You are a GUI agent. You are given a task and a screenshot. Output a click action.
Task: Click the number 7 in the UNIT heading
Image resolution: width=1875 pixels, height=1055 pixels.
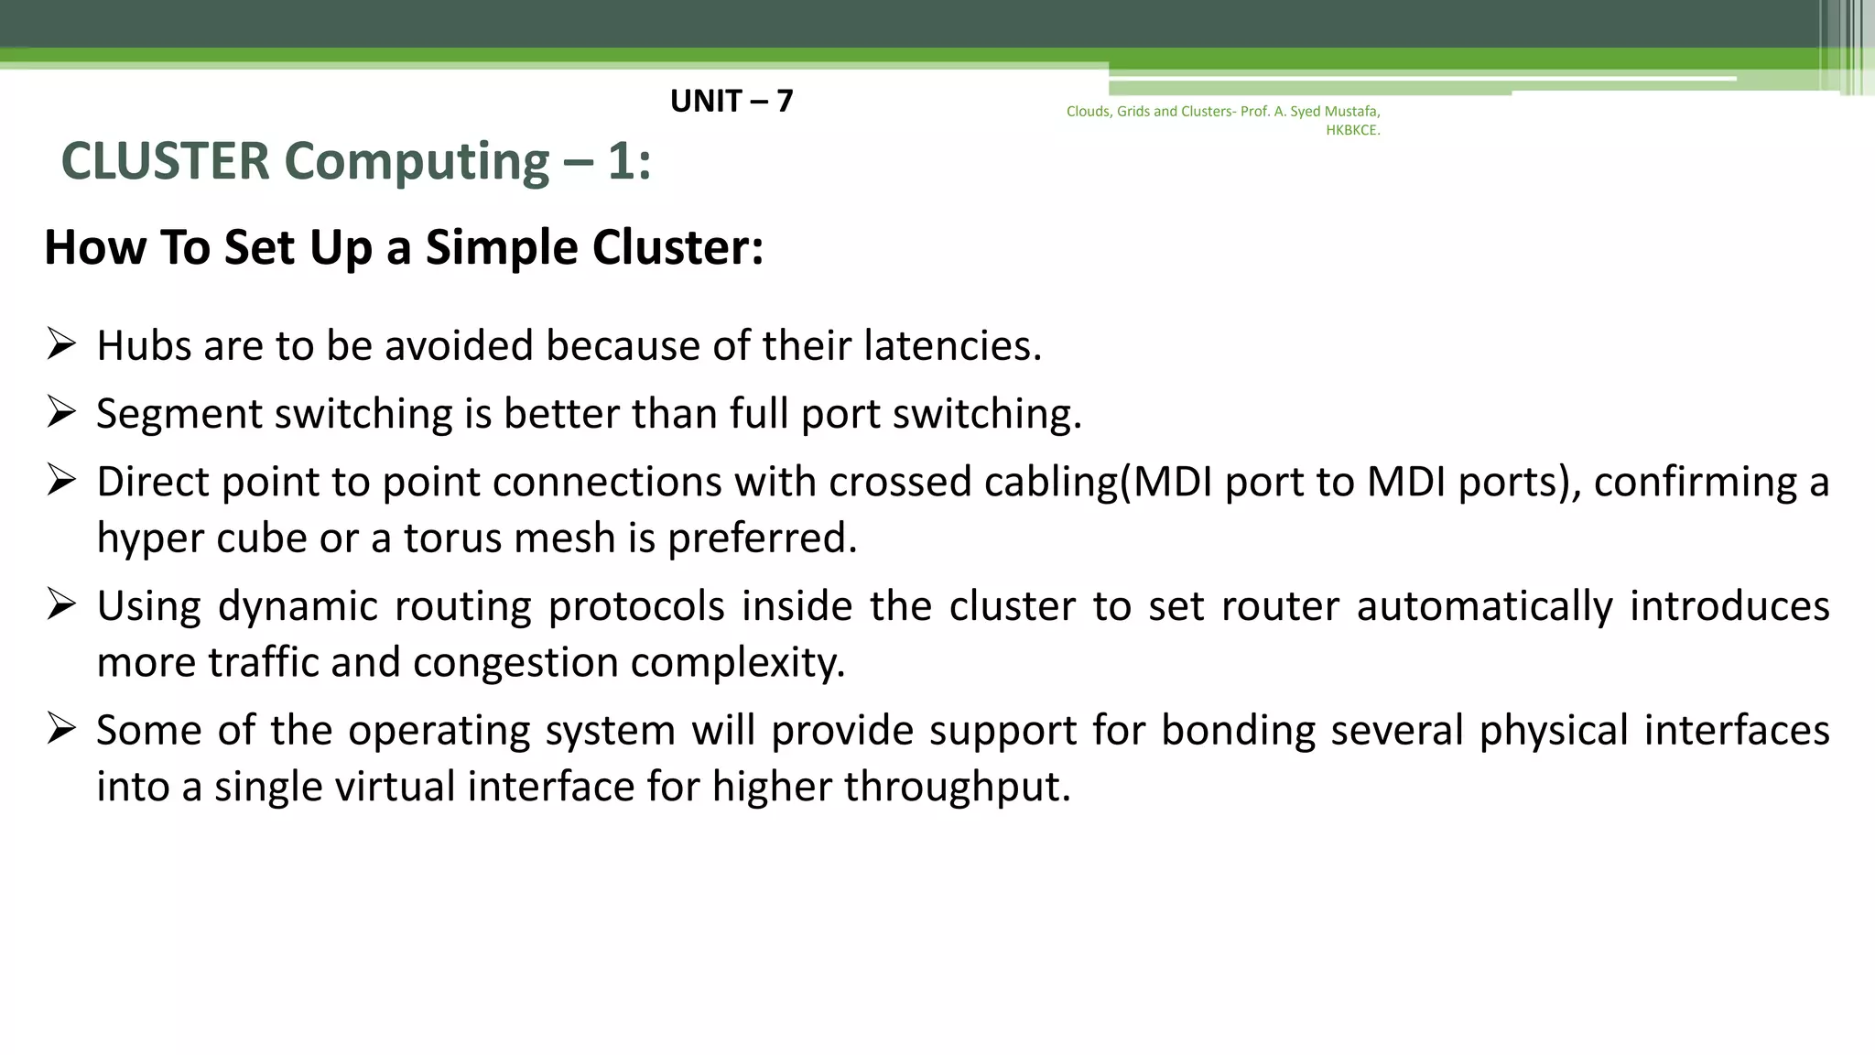point(784,101)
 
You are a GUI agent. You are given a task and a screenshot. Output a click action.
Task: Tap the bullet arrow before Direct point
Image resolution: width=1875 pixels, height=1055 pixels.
point(61,480)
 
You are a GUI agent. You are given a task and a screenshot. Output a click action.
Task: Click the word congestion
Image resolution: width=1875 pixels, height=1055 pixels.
point(515,663)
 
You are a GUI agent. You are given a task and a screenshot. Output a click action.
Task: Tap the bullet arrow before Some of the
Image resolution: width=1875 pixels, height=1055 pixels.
point(61,729)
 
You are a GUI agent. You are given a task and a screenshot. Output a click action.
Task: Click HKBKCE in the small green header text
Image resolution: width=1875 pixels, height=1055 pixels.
point(1352,130)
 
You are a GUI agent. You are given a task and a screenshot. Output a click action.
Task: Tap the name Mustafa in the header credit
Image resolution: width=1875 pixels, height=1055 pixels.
point(1352,112)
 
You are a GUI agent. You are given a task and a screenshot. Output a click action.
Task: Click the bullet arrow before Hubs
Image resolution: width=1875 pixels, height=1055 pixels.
point(61,344)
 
